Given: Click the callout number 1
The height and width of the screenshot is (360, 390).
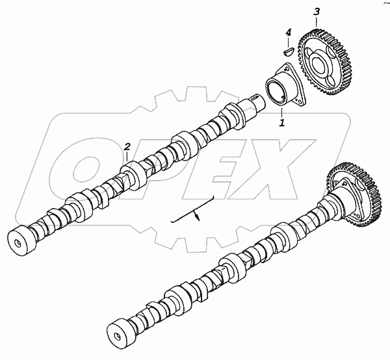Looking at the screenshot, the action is click(282, 123).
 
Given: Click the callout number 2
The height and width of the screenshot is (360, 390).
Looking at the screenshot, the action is click(127, 147).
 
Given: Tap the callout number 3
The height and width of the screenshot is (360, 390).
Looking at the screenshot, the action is click(317, 12).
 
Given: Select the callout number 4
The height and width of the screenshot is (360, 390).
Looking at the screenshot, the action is click(288, 33).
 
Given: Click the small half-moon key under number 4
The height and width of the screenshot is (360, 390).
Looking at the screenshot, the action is click(289, 52).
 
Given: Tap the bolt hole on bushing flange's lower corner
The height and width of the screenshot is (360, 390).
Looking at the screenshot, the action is click(299, 101).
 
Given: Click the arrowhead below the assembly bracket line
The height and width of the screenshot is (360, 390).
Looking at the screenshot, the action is click(198, 217).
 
